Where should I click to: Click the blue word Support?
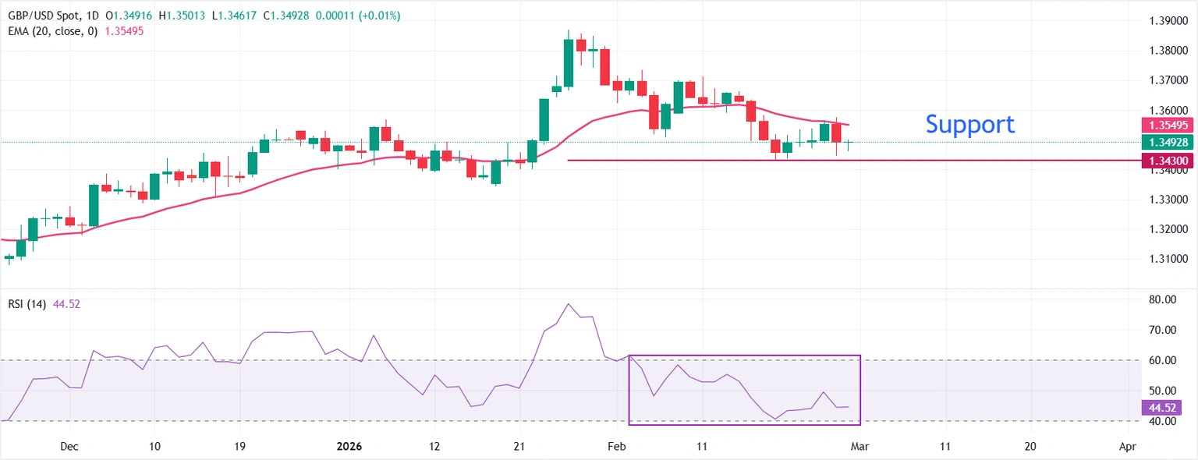point(969,124)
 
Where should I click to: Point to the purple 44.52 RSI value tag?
point(1161,407)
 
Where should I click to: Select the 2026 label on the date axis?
point(349,447)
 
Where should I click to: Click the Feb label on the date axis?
point(617,447)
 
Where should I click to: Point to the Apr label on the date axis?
point(1127,447)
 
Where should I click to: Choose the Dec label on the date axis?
point(69,447)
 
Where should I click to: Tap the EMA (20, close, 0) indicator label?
point(52,31)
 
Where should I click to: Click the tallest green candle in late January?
point(569,62)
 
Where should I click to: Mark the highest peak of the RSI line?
point(568,304)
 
